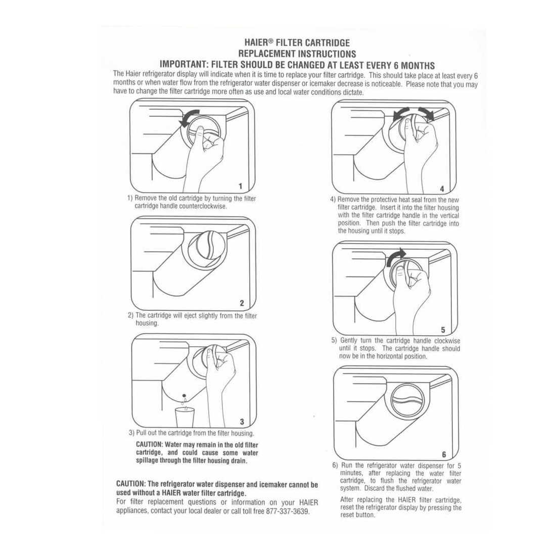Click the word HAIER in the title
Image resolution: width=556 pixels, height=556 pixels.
click(x=255, y=43)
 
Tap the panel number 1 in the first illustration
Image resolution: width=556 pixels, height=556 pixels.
click(x=241, y=186)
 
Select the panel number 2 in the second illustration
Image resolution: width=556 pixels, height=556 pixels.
click(x=242, y=303)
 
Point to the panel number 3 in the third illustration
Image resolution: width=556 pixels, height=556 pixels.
click(x=242, y=422)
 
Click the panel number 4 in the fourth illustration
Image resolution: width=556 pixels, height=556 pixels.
click(x=442, y=189)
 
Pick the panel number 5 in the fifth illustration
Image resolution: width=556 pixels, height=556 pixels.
click(x=443, y=330)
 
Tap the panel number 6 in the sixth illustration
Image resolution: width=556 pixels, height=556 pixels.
click(x=444, y=454)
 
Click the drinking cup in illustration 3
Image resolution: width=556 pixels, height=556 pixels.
click(x=184, y=417)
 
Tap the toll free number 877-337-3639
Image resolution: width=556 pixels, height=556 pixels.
click(x=287, y=512)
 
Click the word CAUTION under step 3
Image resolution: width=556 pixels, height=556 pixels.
click(x=149, y=445)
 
